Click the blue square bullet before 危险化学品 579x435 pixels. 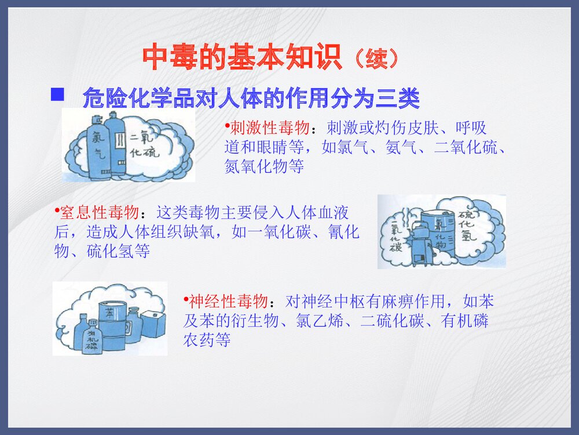pyautogui.click(x=57, y=94)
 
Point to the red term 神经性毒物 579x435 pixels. pyautogui.click(x=228, y=302)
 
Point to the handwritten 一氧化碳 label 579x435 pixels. pyautogui.click(x=397, y=238)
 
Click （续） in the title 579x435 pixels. pyautogui.click(x=376, y=58)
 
